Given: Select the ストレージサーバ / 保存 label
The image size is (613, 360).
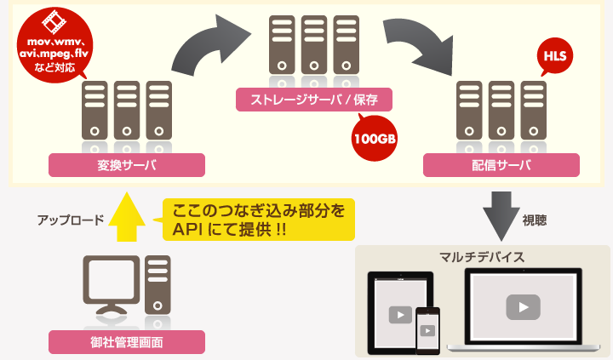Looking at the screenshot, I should pyautogui.click(x=314, y=100).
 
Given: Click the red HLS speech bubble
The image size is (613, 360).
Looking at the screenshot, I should pyautogui.click(x=553, y=58).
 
